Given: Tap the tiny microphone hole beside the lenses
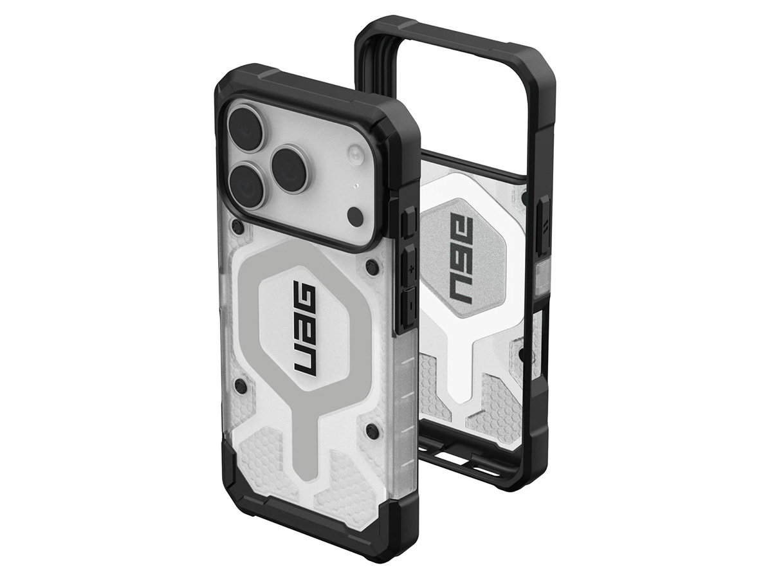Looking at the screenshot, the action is click(356, 185).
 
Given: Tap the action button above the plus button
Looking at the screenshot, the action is click(409, 224).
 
